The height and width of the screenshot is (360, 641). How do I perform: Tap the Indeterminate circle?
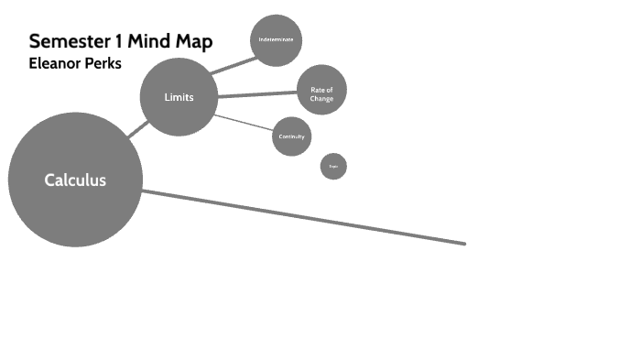(x=275, y=40)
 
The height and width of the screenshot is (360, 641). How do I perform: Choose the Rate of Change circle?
(x=321, y=89)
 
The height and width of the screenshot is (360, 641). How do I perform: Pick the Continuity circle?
(x=292, y=136)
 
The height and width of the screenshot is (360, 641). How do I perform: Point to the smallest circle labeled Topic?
(x=333, y=166)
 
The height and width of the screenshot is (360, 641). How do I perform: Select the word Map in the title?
(x=195, y=42)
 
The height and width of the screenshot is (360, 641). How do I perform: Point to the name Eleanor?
(x=56, y=64)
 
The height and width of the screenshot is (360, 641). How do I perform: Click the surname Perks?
(x=103, y=64)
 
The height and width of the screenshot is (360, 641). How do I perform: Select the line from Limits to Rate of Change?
(x=256, y=93)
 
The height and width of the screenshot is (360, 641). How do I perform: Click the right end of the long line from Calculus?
(x=463, y=244)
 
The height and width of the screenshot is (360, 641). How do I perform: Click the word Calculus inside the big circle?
(x=75, y=180)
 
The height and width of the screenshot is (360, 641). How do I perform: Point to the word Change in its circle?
(x=321, y=98)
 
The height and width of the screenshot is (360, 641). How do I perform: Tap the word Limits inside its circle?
(x=179, y=97)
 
